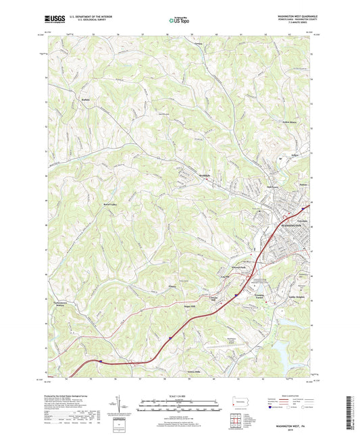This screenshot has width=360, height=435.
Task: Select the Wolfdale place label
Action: pos(195,175)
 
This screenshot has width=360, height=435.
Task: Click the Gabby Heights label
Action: pos(300,297)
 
